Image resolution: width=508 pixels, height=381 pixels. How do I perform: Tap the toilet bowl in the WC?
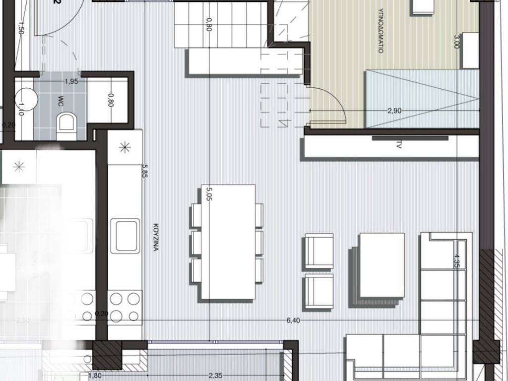66,122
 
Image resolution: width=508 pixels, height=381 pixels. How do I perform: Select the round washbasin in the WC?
27,99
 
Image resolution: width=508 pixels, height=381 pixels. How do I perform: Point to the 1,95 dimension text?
71,82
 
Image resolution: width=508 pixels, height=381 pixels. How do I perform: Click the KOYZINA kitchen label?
155,238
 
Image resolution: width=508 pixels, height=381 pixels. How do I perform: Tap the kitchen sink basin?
124,235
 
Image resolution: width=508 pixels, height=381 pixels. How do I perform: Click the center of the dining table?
228,242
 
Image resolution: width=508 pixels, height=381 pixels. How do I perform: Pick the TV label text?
398,145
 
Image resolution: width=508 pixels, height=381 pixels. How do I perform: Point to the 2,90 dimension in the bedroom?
394,111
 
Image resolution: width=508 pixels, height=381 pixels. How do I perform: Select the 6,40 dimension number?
294,320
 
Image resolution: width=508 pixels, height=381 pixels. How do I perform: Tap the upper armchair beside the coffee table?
318,251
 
